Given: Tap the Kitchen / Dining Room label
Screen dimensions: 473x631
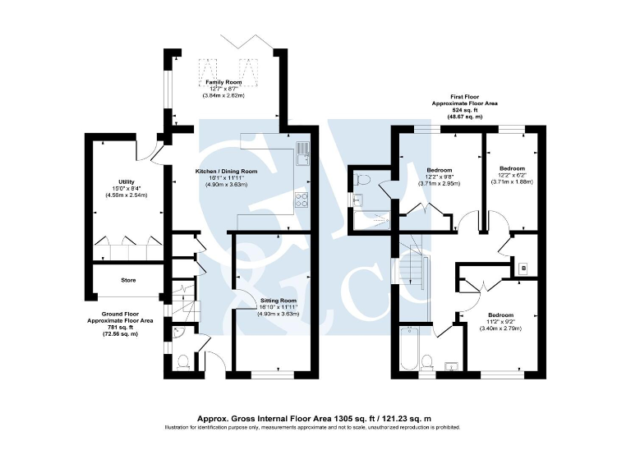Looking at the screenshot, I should coord(226,172).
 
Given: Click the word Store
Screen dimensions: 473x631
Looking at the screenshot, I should coord(127,281).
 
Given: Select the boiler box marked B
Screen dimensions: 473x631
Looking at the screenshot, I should coord(522,267).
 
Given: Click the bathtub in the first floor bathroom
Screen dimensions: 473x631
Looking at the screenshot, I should coord(408,351).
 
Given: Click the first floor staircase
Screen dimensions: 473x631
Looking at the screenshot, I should coord(413,271).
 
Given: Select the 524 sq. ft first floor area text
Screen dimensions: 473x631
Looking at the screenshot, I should coord(464,112).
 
